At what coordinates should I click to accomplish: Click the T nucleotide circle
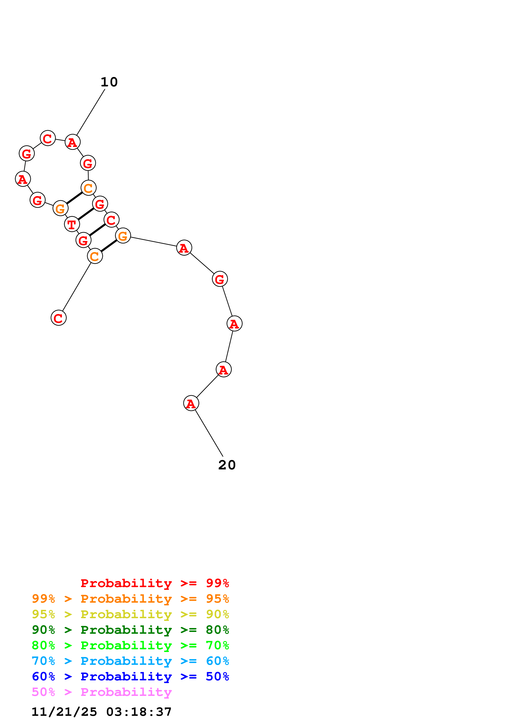coord(72,224)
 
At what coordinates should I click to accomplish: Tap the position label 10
coord(109,82)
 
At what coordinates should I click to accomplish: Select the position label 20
coord(227,465)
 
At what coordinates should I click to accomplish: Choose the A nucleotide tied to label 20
coord(191,403)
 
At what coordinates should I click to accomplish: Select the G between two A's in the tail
coord(220,279)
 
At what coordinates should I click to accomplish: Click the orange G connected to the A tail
coord(123,236)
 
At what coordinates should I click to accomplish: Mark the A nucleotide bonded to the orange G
coord(184,248)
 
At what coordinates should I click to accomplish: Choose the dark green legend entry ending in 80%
coord(130,630)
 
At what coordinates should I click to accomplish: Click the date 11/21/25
coord(64,712)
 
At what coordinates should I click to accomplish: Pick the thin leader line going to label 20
coord(209,433)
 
